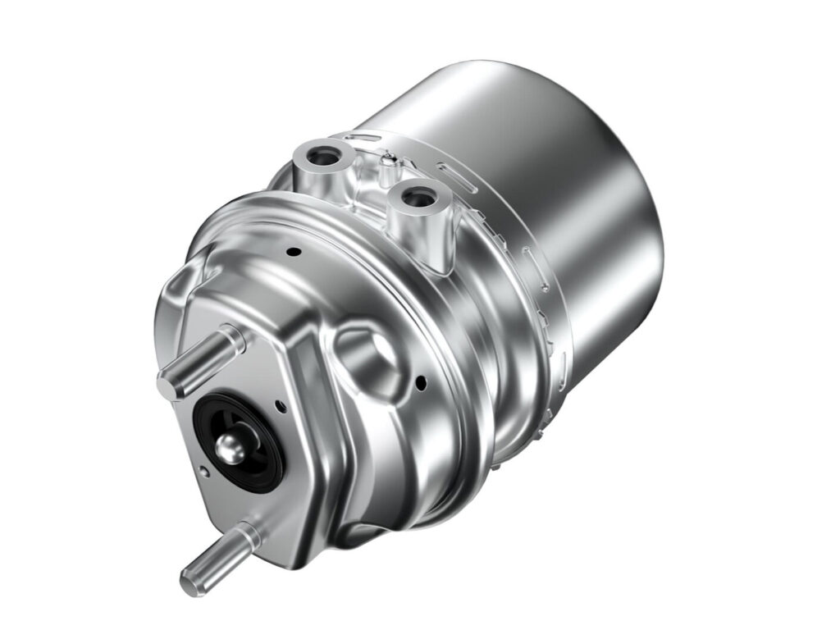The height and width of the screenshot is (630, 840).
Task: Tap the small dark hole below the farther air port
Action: tap(294, 250)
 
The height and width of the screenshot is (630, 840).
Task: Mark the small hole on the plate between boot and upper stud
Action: tap(281, 404)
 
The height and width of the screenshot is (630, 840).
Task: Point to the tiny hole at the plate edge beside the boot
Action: tap(203, 470)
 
